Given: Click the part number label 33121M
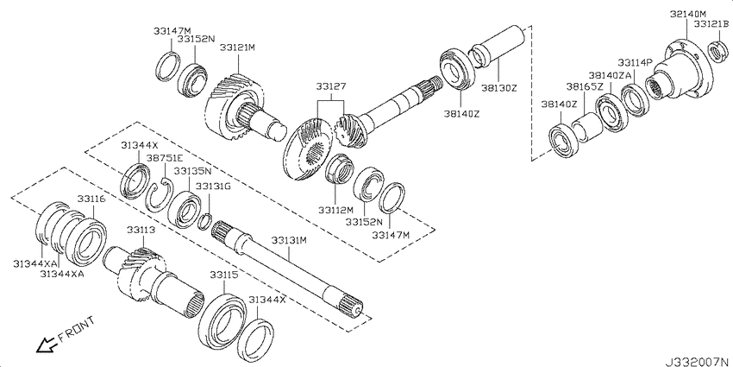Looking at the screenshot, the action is (238, 47).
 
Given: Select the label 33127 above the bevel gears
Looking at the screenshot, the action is (330, 86).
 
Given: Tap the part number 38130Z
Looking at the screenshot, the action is (498, 87).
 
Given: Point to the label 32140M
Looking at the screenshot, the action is (687, 14).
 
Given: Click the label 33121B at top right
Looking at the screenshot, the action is (711, 24).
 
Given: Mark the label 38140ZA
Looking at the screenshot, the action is (610, 75).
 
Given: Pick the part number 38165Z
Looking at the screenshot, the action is (585, 86).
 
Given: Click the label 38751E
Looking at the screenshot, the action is (164, 158).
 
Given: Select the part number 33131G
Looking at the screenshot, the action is (213, 187).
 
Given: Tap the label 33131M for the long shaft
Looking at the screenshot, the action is (289, 241).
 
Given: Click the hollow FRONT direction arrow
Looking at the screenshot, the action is (46, 345).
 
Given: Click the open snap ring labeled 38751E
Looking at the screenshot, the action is (159, 195).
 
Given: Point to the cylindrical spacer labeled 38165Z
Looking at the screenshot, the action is (587, 127).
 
